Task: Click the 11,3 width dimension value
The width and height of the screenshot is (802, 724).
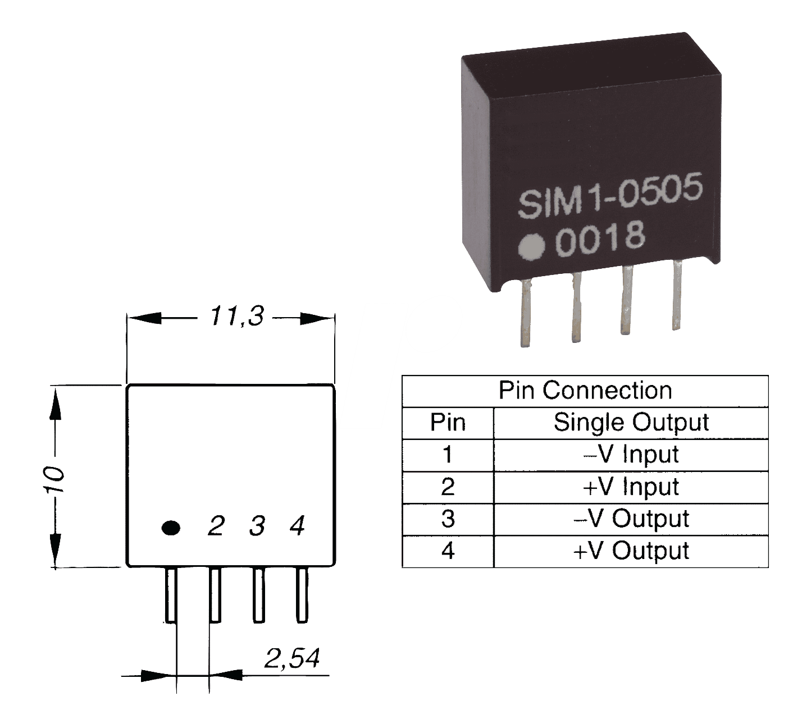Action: click(236, 317)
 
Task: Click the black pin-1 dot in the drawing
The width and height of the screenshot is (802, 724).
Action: click(171, 528)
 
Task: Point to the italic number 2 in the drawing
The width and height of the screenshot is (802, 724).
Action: click(216, 526)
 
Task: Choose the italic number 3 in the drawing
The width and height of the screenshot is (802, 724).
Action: click(257, 526)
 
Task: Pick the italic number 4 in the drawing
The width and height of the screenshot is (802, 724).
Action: click(297, 526)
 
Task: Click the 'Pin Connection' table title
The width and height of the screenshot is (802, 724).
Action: click(585, 391)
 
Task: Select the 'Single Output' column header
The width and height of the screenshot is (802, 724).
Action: click(631, 423)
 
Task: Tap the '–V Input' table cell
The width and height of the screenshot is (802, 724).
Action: click(631, 455)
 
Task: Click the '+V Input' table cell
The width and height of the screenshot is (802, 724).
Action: click(631, 487)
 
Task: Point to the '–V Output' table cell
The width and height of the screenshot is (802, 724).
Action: click(631, 519)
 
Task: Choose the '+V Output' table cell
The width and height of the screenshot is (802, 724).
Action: click(631, 551)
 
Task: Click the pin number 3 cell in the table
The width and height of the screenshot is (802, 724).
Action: click(448, 519)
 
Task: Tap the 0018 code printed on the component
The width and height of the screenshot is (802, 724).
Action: click(600, 238)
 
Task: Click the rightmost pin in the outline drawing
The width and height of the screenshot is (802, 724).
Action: click(302, 595)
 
